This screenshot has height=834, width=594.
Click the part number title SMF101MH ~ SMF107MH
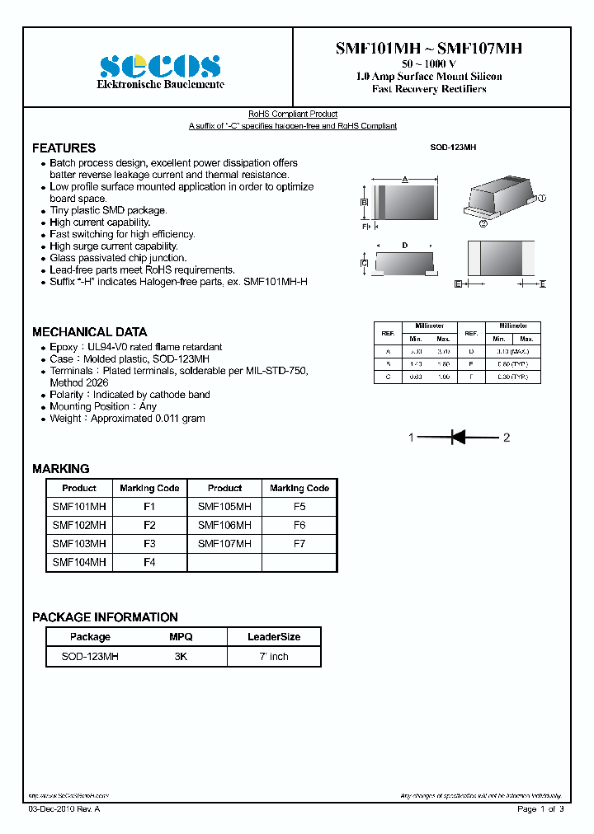coord(428,49)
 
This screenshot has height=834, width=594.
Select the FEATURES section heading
coord(64,148)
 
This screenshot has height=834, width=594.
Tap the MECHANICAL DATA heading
coord(89,332)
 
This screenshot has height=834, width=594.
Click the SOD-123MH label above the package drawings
coord(453,148)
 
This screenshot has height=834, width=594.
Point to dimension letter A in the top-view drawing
coord(405,179)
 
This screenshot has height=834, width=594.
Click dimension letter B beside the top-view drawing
coord(364,202)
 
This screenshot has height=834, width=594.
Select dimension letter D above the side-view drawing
coord(404,246)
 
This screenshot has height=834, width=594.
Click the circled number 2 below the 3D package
coord(483,222)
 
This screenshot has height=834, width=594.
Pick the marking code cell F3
coord(149,544)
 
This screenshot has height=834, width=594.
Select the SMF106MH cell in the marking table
coord(224,525)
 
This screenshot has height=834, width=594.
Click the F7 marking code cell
coord(299,544)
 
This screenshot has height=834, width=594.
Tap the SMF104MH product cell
coord(79,562)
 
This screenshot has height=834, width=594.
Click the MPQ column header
coord(181,637)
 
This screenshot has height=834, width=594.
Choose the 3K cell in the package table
coord(181,657)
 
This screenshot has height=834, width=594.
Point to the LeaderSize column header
coord(274,637)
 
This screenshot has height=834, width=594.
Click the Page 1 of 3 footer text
coord(540,809)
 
